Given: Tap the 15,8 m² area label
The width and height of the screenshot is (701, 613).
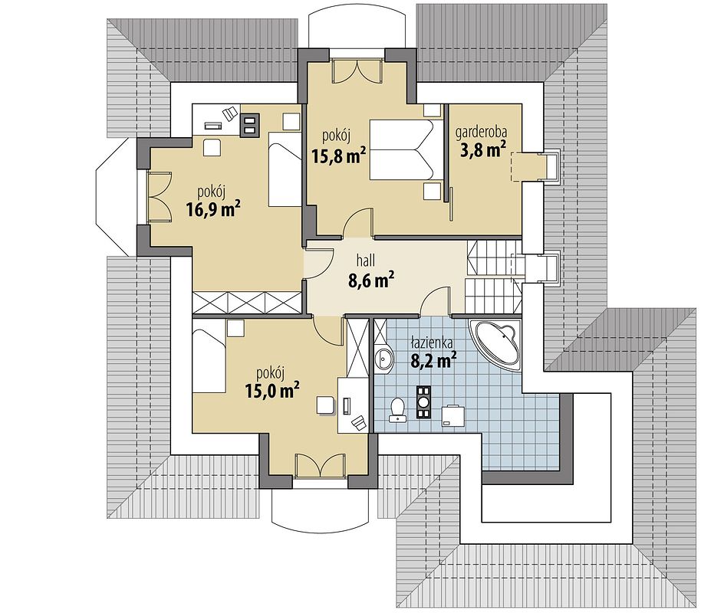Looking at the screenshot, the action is [x=338, y=156].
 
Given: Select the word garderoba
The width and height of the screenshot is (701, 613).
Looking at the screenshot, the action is [x=482, y=133].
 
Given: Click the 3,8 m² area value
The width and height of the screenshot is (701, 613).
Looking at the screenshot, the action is [x=483, y=149].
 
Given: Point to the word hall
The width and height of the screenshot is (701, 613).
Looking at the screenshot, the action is [x=366, y=260].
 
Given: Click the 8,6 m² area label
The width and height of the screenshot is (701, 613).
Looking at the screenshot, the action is [x=370, y=280].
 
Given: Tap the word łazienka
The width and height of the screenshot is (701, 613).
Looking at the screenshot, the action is [x=432, y=343].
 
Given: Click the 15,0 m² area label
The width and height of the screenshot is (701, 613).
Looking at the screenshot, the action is [x=272, y=390].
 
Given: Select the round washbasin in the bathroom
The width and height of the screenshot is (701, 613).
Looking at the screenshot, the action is [x=383, y=358].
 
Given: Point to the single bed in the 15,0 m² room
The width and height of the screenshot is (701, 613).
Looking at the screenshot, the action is [x=209, y=360].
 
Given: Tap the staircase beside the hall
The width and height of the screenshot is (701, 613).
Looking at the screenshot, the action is [x=494, y=277].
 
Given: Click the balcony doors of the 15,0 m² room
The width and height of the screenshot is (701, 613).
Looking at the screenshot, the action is [x=320, y=464].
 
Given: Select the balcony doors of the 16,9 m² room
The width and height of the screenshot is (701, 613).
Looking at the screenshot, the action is [x=159, y=196].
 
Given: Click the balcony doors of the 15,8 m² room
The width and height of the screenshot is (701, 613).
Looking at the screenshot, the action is [x=357, y=70].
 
